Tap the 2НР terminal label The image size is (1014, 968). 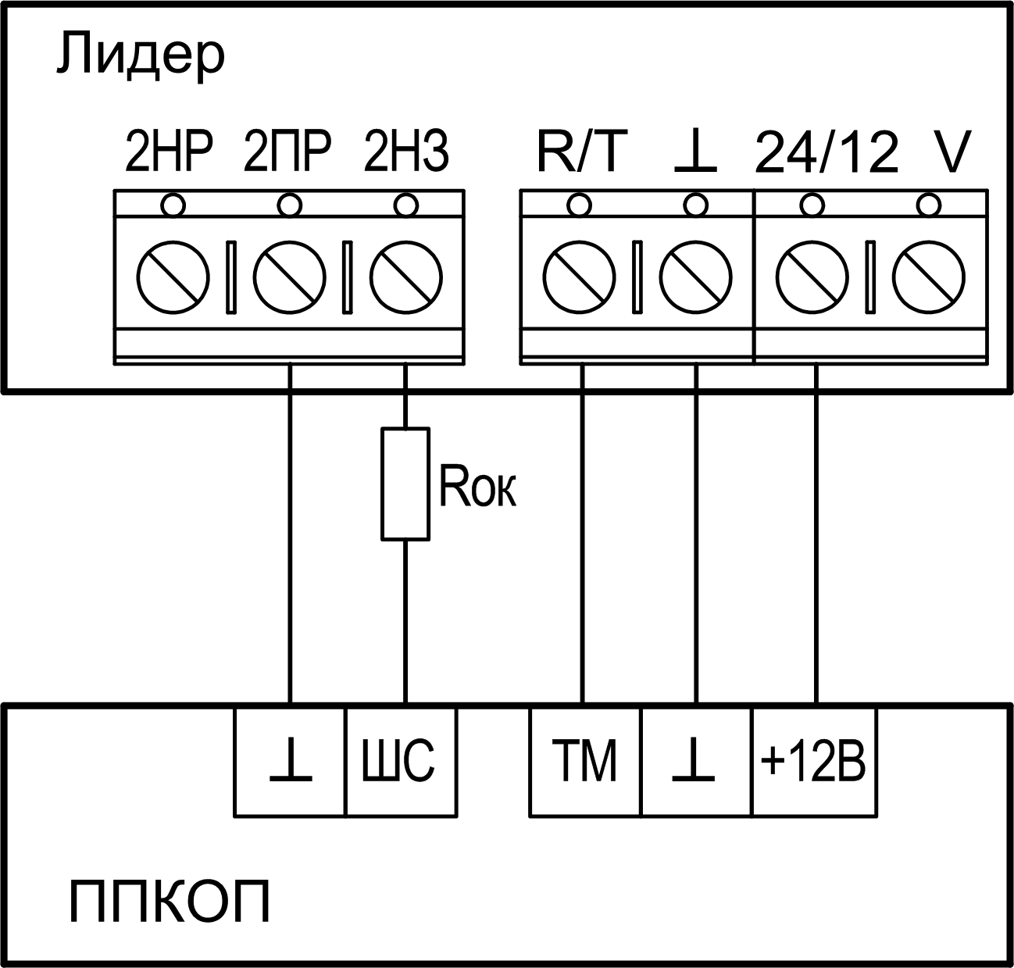point(169,153)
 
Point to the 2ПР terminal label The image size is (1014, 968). point(287,153)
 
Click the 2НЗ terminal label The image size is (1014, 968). point(406,153)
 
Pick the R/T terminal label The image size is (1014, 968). point(582,153)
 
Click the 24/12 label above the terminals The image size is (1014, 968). point(827,153)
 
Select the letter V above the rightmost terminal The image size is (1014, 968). point(952,153)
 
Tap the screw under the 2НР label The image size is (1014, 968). point(173,278)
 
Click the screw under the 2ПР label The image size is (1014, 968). point(289,278)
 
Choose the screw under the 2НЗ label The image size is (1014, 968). point(405,278)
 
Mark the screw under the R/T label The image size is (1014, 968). point(580,278)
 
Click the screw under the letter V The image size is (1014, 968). point(929,278)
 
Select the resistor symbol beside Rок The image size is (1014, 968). point(405,484)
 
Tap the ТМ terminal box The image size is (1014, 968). point(585,762)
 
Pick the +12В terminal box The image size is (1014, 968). point(813,762)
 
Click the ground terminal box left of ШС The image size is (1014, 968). point(290,762)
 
